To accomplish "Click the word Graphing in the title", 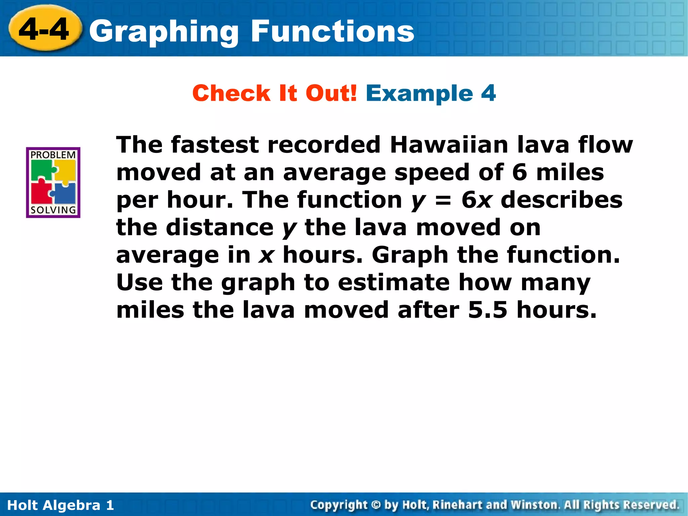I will [x=164, y=32].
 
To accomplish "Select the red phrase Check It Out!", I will [x=274, y=93].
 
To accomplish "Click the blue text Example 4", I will [x=431, y=93].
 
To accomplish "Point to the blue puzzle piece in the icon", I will [x=65, y=193].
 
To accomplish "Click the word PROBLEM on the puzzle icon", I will [x=53, y=155].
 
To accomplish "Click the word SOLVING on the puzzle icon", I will [x=53, y=210].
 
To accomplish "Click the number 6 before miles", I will [x=520, y=172].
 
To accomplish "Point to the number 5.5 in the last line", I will [x=487, y=310].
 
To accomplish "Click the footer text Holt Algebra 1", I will [x=60, y=505].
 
